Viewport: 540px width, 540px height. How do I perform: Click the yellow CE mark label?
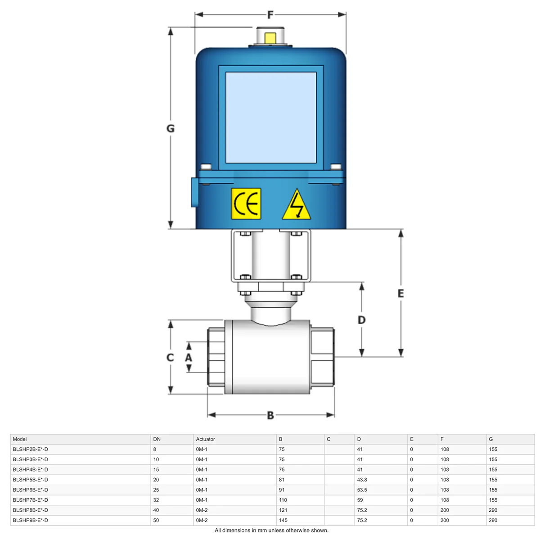(x=246, y=203)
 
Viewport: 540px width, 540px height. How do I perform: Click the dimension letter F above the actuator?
(x=270, y=15)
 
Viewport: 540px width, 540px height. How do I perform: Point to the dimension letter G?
(x=171, y=128)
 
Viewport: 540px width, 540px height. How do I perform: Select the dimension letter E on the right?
(x=401, y=293)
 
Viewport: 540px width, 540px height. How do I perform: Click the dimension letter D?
(x=361, y=320)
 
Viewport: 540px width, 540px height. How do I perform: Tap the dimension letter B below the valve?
(x=270, y=415)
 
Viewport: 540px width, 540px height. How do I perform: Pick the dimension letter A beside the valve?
(x=189, y=357)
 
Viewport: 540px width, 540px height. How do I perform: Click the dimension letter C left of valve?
(x=170, y=357)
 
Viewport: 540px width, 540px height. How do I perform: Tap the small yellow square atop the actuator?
(x=270, y=38)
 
